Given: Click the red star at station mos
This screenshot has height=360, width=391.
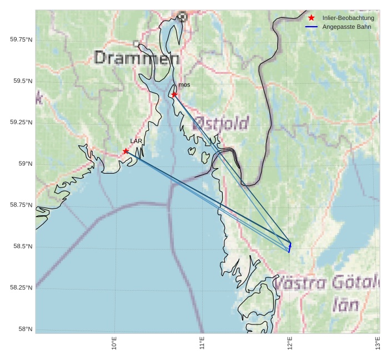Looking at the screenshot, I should [x=174, y=94].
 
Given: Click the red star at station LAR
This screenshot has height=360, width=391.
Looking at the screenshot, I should [x=126, y=151].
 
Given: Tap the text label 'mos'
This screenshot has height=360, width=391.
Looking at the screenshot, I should [x=184, y=85].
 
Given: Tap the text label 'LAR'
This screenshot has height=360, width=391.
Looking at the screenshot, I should [x=136, y=141].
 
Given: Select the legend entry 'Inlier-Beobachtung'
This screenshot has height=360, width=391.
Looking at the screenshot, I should [x=348, y=18].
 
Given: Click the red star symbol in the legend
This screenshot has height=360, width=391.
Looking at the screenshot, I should [x=311, y=18].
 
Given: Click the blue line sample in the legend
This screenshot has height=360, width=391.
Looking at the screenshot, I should [x=311, y=27].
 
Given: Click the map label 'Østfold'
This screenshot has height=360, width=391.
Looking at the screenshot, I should [x=220, y=123].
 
